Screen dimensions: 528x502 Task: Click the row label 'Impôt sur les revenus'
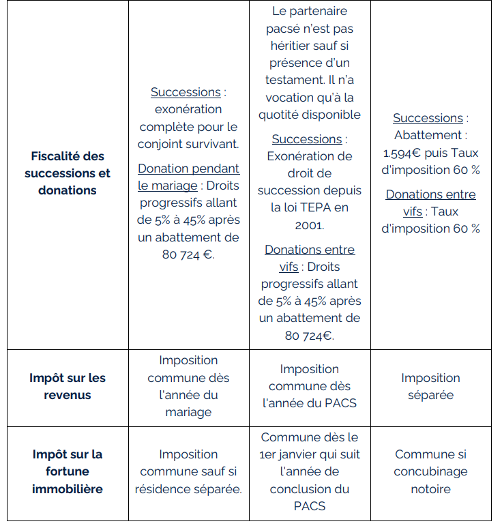(x=68, y=386)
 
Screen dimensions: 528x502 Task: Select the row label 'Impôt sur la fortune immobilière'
(x=68, y=471)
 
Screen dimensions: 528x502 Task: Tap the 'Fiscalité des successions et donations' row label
(x=68, y=173)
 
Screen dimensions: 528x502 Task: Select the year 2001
(x=310, y=224)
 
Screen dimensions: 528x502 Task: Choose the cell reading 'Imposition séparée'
(x=430, y=386)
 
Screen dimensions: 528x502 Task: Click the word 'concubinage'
(x=430, y=471)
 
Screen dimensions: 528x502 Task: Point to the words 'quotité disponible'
(x=310, y=115)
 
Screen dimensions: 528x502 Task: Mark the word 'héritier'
(x=294, y=46)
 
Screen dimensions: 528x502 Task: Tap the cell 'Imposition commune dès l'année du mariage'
(x=188, y=386)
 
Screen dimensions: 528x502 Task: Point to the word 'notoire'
(x=430, y=489)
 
